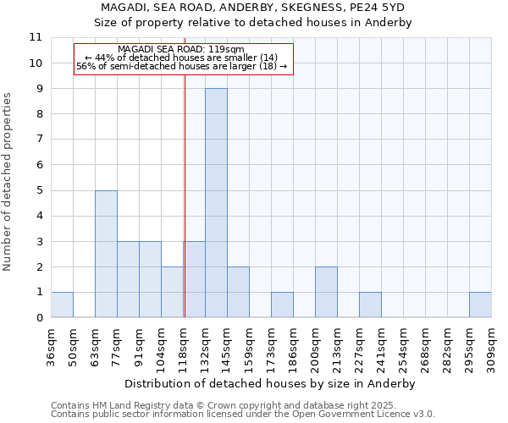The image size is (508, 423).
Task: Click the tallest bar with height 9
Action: click(x=216, y=203)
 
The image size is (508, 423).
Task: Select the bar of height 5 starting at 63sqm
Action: click(x=106, y=254)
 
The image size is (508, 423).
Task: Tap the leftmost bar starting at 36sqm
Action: click(x=62, y=305)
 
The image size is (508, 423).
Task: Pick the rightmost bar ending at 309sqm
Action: click(x=480, y=305)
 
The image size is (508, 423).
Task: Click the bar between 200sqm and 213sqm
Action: click(x=326, y=292)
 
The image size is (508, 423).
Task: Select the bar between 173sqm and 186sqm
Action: click(x=282, y=305)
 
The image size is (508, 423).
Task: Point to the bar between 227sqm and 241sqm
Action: click(x=370, y=305)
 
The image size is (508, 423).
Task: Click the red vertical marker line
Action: click(x=185, y=211)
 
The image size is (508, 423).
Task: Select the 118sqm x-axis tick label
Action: click(x=184, y=347)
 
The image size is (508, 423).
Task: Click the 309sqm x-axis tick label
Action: click(x=492, y=347)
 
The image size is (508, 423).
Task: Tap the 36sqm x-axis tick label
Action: click(x=52, y=347)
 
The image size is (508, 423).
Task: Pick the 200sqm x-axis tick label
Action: click(x=316, y=347)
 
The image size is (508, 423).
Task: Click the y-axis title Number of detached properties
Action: click(x=8, y=182)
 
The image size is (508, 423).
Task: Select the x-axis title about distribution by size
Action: click(x=271, y=383)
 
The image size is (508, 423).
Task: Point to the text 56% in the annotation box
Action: click(x=86, y=66)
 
